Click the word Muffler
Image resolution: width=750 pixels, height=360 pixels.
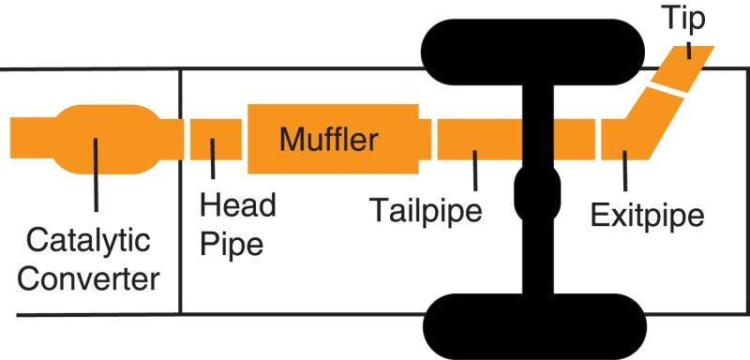[328, 141]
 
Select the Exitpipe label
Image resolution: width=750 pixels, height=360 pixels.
[647, 216]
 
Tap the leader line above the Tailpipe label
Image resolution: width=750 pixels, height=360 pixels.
[475, 169]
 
